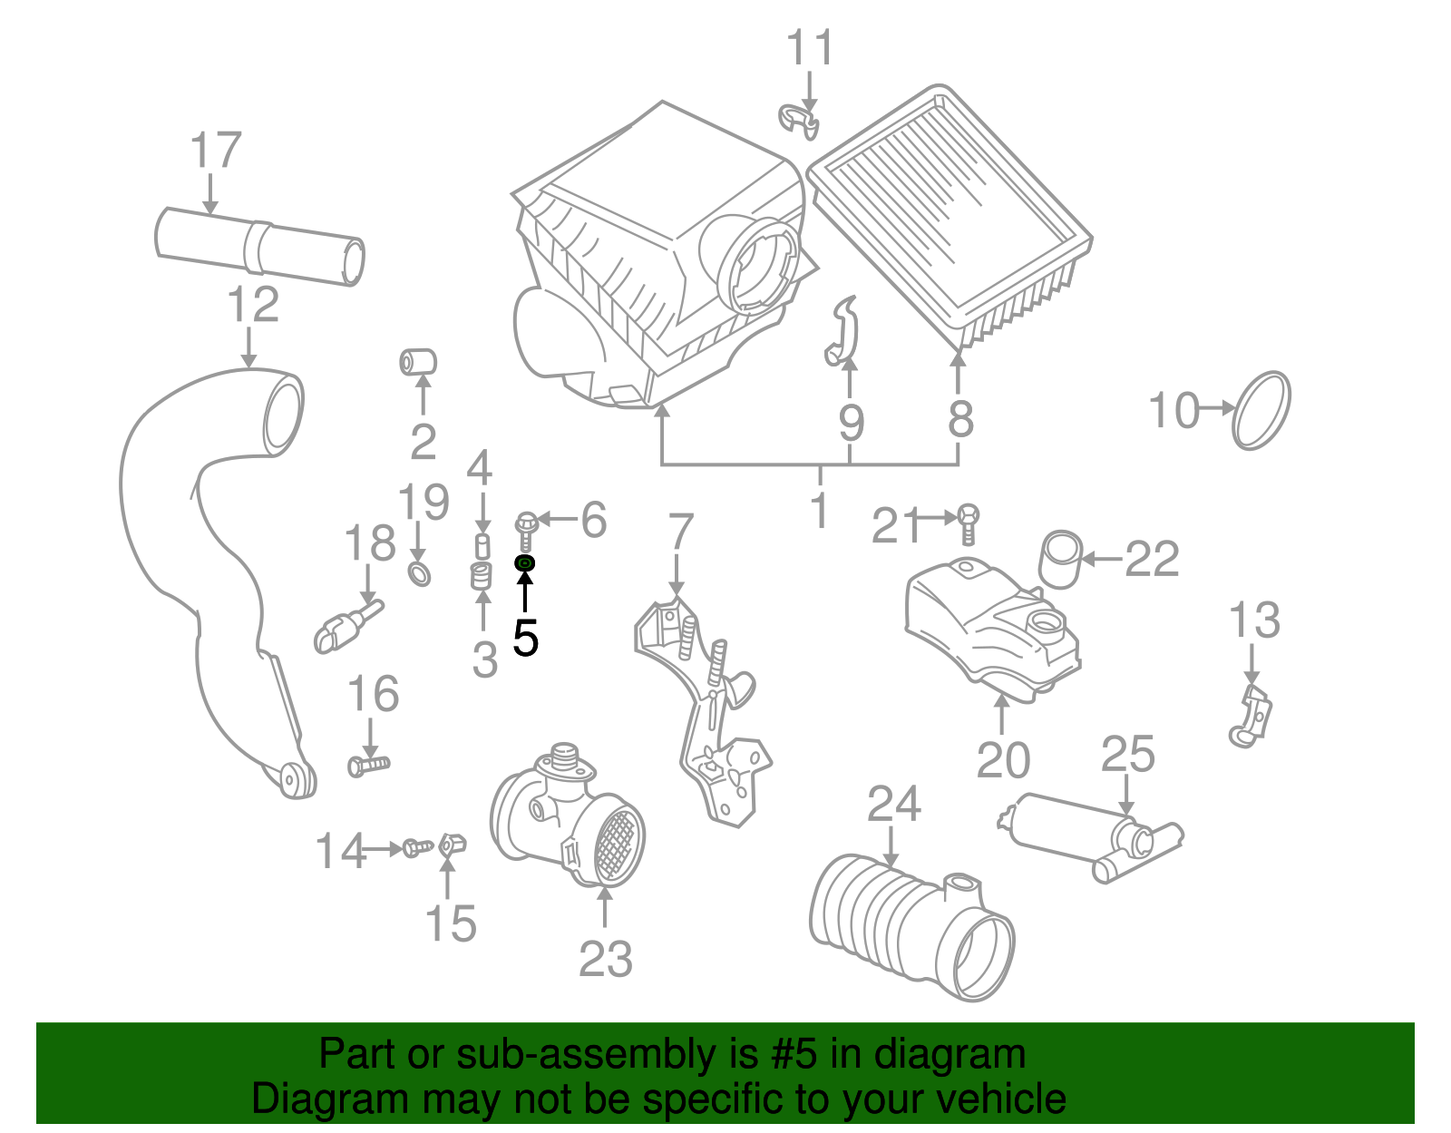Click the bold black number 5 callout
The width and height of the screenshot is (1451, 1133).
pyautogui.click(x=525, y=638)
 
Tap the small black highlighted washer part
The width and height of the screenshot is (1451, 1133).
pyautogui.click(x=525, y=564)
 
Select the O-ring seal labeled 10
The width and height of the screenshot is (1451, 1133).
pyautogui.click(x=1261, y=410)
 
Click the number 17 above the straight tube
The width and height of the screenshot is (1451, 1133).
pyautogui.click(x=216, y=151)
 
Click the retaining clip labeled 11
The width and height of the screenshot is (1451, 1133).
pyautogui.click(x=799, y=121)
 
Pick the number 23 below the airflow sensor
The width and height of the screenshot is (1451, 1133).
pyautogui.click(x=606, y=958)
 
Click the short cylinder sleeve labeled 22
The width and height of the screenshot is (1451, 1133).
pyautogui.click(x=1060, y=559)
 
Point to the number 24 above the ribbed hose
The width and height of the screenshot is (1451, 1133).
pyautogui.click(x=893, y=805)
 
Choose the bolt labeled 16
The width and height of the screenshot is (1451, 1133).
pyautogui.click(x=368, y=765)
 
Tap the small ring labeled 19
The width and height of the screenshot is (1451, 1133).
pyautogui.click(x=419, y=573)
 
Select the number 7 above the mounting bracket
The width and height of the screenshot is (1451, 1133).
pyautogui.click(x=680, y=532)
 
